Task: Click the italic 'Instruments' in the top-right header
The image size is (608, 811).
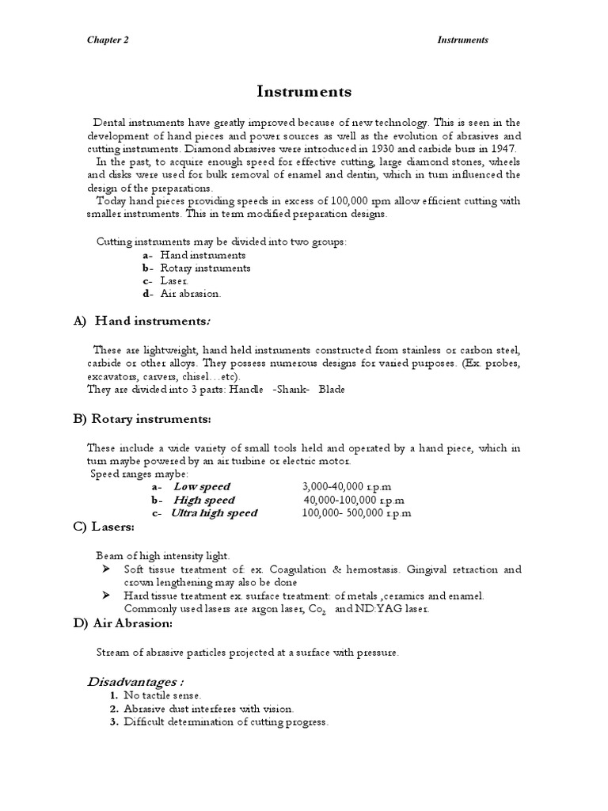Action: click(x=464, y=40)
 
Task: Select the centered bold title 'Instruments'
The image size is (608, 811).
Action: click(x=304, y=92)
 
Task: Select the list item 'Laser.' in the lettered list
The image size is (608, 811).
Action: click(x=174, y=280)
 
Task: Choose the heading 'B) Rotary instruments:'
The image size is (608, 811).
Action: click(x=142, y=418)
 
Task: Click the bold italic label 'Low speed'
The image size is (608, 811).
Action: click(x=202, y=486)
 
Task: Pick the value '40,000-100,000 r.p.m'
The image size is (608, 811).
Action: click(x=354, y=500)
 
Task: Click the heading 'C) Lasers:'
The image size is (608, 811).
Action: click(x=104, y=527)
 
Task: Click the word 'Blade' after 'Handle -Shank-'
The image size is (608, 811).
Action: click(x=332, y=389)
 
